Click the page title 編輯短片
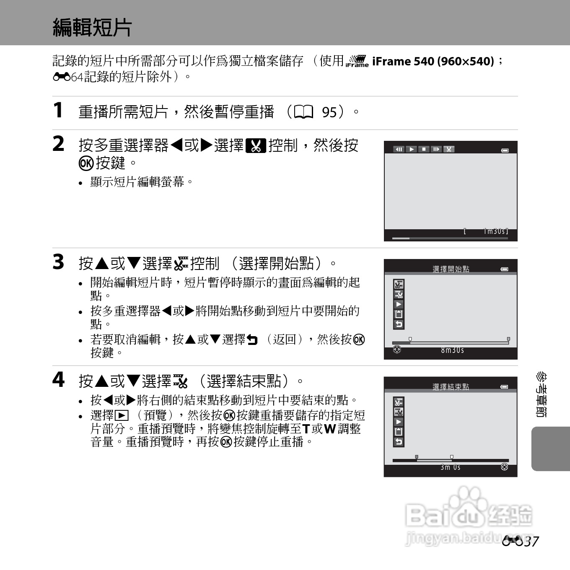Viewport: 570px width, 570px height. click(x=92, y=28)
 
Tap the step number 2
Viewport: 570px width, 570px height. click(x=58, y=144)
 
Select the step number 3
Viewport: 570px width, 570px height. click(x=58, y=262)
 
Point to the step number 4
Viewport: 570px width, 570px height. click(x=58, y=380)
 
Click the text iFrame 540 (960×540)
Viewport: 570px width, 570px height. click(x=433, y=61)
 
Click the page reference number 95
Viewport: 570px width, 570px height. click(x=329, y=112)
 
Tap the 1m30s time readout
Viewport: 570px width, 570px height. click(x=495, y=231)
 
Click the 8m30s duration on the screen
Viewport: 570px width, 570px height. click(x=452, y=350)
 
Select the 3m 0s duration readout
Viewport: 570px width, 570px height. click(x=450, y=467)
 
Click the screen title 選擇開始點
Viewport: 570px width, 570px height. click(x=451, y=269)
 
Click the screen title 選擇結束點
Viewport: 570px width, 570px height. click(x=451, y=387)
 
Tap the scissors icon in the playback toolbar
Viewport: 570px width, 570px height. click(x=448, y=149)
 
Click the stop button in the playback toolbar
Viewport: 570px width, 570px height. click(x=424, y=149)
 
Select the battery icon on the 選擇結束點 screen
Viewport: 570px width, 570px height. click(x=505, y=387)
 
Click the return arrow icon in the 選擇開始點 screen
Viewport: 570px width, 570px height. click(x=399, y=324)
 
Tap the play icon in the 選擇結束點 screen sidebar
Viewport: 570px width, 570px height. click(x=399, y=422)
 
